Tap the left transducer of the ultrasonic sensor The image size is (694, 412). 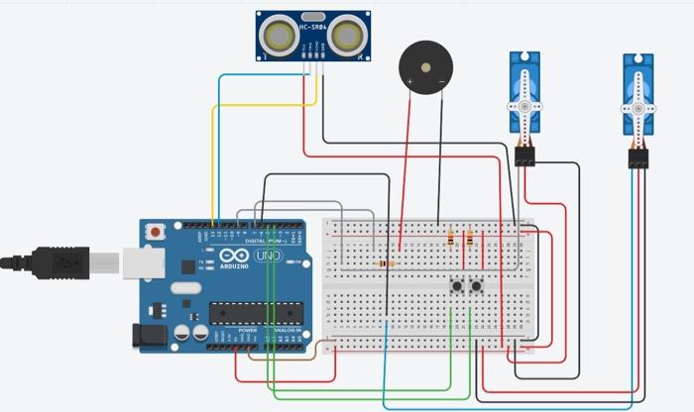[278, 37]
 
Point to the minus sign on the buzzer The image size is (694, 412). [439, 77]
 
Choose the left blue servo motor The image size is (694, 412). [523, 95]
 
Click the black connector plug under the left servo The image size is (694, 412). [524, 155]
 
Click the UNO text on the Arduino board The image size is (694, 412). [268, 257]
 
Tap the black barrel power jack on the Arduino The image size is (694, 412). [148, 334]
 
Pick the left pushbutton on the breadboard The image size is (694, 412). [458, 287]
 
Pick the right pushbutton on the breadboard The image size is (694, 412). [477, 287]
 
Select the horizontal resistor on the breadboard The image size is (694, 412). [385, 264]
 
